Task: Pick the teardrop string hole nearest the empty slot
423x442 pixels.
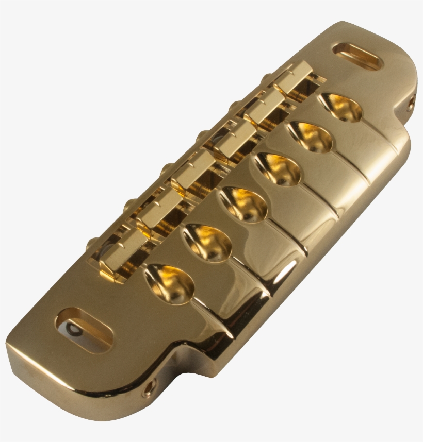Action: [x=341, y=108]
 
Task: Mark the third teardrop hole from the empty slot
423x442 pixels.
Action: [x=279, y=168]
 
